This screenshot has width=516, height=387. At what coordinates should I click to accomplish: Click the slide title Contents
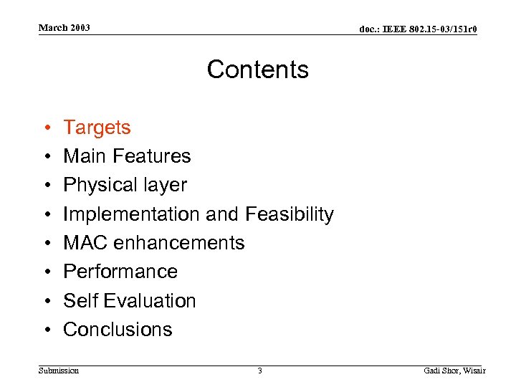pos(258,70)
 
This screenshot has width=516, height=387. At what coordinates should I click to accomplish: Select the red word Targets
pos(97,128)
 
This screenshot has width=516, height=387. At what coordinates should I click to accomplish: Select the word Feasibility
pos(290,214)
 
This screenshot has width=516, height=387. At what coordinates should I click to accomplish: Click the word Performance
pos(120,272)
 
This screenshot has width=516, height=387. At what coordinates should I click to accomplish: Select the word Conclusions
pos(118,330)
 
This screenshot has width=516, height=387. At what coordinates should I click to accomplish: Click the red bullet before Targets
pos(45,128)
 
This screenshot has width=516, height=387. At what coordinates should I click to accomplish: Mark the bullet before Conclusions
pos(45,330)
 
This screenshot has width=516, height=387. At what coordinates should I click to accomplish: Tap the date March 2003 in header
pos(64,28)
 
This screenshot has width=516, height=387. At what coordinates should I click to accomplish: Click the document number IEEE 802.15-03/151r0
pos(418,29)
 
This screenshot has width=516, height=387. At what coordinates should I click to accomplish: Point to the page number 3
pos(259,371)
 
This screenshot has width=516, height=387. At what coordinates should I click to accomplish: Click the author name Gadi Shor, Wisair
pos(454,371)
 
